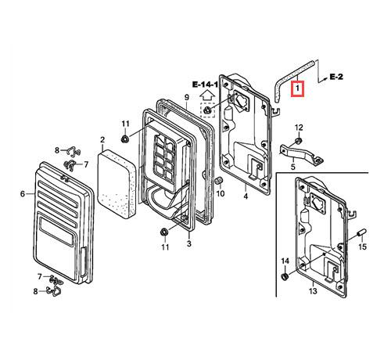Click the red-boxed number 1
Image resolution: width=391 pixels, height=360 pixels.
click(297, 89)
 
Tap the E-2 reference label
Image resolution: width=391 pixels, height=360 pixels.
click(336, 77)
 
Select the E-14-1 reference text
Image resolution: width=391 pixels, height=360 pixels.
click(205, 85)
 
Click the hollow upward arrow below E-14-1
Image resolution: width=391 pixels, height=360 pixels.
click(207, 96)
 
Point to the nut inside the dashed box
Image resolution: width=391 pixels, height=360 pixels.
click(207, 110)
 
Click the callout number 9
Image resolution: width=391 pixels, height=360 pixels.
click(187, 97)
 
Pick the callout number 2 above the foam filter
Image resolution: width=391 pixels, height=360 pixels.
click(102, 139)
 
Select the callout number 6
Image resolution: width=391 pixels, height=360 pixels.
click(23, 194)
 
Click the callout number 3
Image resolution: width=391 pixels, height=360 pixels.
click(189, 243)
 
